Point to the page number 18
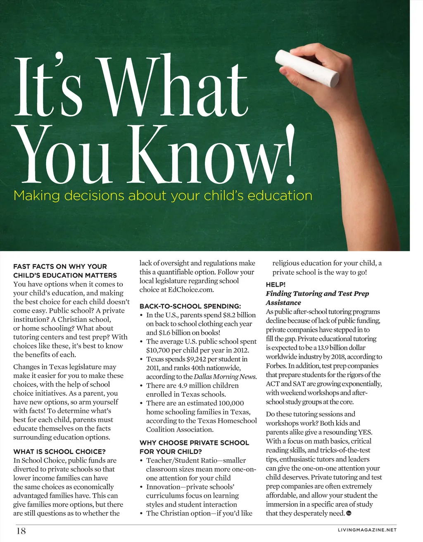21,531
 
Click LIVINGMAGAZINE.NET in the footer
367,530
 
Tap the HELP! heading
276,285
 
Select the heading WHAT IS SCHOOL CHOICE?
59,452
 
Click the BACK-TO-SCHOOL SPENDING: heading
190,306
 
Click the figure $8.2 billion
239,315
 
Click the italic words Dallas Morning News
225,377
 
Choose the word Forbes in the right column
276,366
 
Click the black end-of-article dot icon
348,513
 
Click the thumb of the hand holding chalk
289,69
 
